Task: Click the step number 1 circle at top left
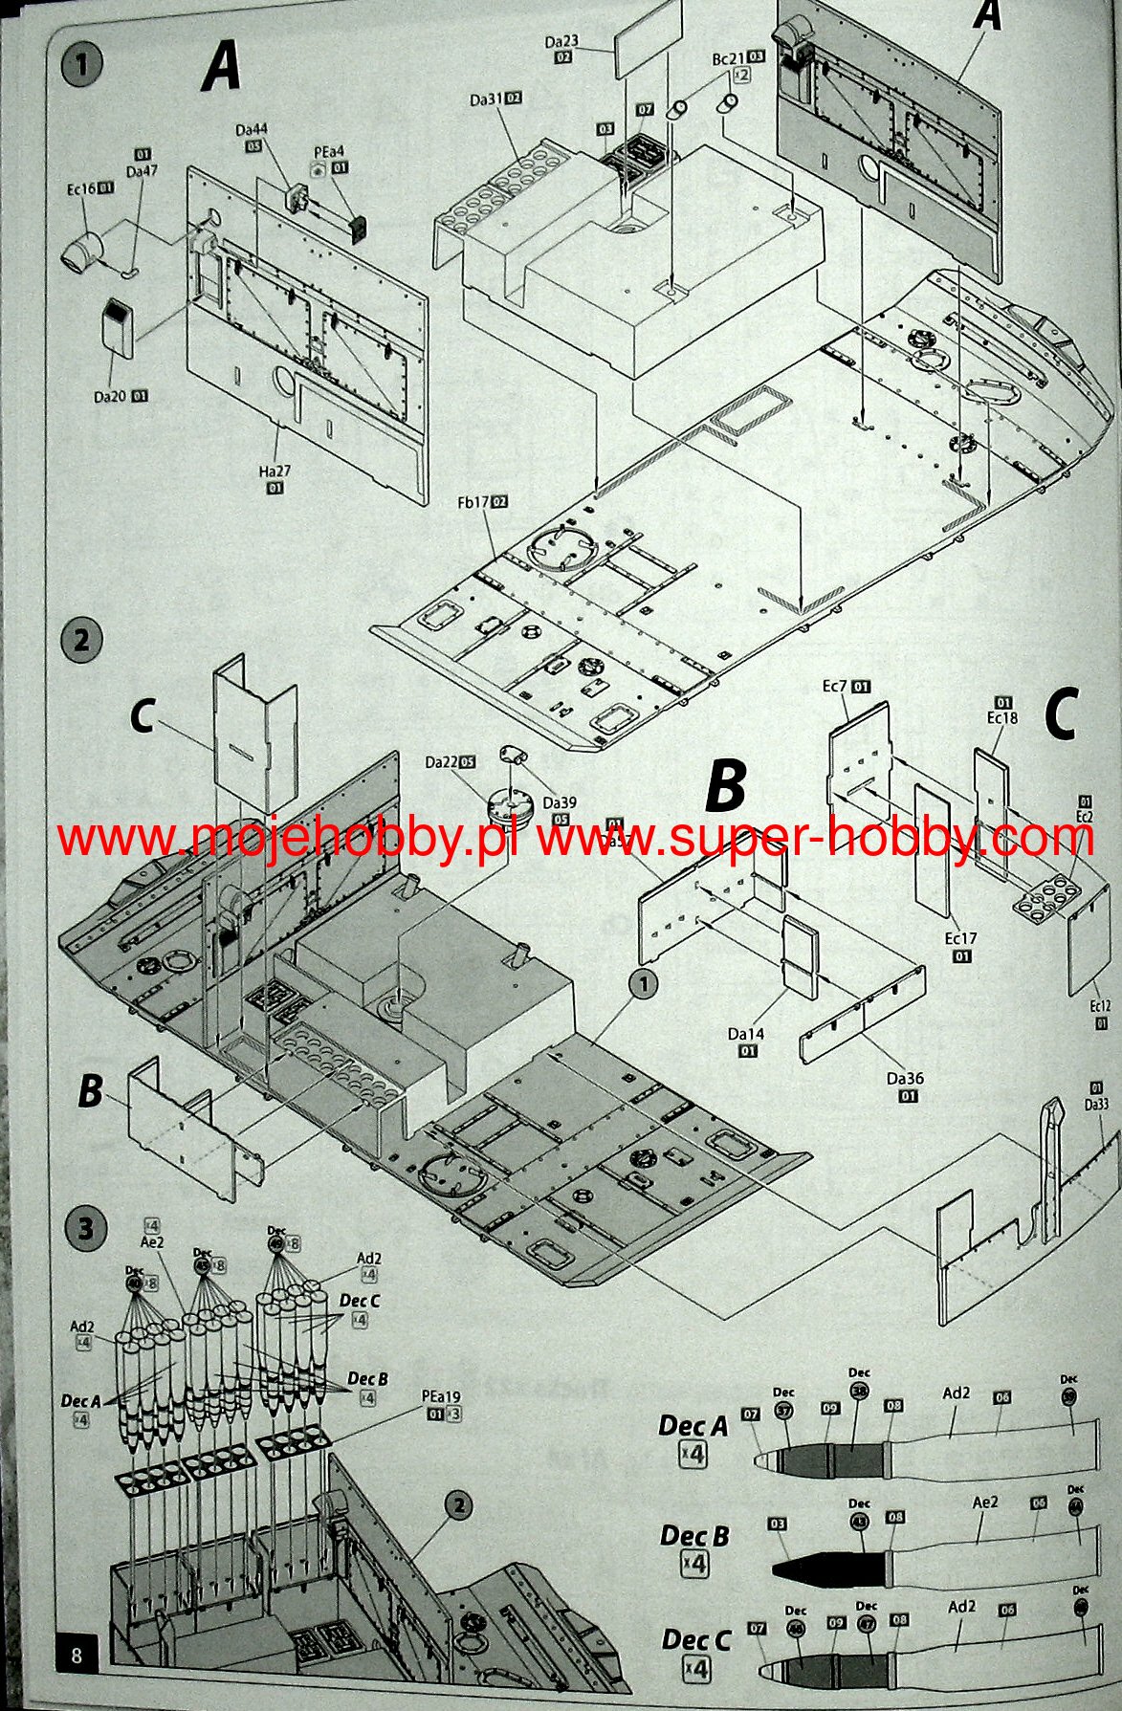[x=81, y=65]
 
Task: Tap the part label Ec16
[x=80, y=189]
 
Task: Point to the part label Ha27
[x=275, y=472]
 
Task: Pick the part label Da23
[x=562, y=42]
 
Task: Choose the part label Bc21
[x=728, y=58]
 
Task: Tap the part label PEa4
[x=329, y=152]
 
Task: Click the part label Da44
[x=253, y=129]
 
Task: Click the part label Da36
[x=905, y=1079]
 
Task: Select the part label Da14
[x=746, y=1034]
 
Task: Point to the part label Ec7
[x=835, y=687]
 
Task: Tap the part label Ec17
[x=960, y=939]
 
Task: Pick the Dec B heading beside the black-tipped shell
[x=694, y=1536]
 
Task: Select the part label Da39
[x=560, y=803]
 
